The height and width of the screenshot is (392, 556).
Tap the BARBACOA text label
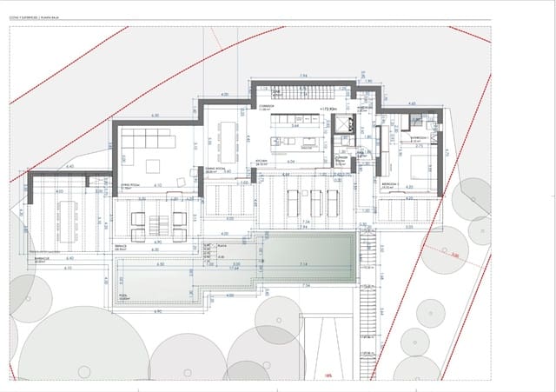[42, 258]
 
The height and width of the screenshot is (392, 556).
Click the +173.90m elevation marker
[328, 109]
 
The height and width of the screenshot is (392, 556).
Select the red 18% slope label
[328, 375]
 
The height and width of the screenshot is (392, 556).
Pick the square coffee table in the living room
[153, 165]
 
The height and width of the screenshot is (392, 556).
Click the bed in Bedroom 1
[416, 166]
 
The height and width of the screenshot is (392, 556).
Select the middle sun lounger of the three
[315, 202]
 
